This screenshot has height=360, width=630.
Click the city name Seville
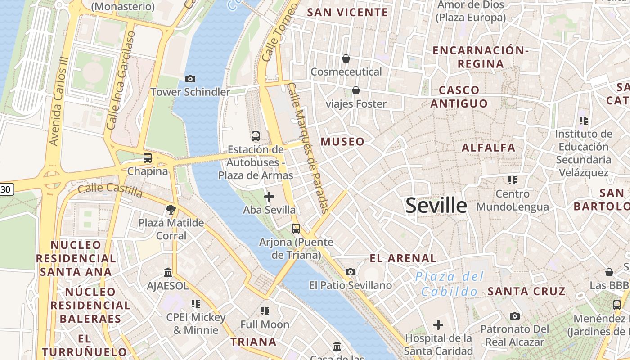(436, 206)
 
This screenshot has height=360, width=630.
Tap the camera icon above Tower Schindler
(190, 79)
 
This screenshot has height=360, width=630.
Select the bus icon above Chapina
(147, 158)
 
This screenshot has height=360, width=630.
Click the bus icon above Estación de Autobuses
(256, 136)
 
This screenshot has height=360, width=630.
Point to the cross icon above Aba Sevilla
(269, 197)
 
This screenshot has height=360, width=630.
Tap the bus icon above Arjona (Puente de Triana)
(296, 229)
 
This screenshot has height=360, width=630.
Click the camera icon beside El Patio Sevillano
(351, 272)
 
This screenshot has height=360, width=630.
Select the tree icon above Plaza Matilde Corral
(171, 209)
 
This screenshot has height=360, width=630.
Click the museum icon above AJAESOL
(168, 272)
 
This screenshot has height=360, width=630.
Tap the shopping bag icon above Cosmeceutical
(346, 58)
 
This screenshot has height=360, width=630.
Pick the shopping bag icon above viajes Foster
(356, 90)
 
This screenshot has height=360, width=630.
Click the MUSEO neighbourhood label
(342, 142)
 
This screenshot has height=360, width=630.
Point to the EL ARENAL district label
(403, 258)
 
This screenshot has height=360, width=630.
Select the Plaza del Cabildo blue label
(449, 284)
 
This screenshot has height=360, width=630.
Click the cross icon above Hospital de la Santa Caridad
(438, 325)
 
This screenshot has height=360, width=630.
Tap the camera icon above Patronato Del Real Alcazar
(515, 316)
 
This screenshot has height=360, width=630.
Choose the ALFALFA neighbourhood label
(489, 148)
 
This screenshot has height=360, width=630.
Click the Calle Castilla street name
(110, 190)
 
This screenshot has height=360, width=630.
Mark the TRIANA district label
(253, 342)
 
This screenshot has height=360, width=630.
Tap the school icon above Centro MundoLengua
(512, 180)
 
